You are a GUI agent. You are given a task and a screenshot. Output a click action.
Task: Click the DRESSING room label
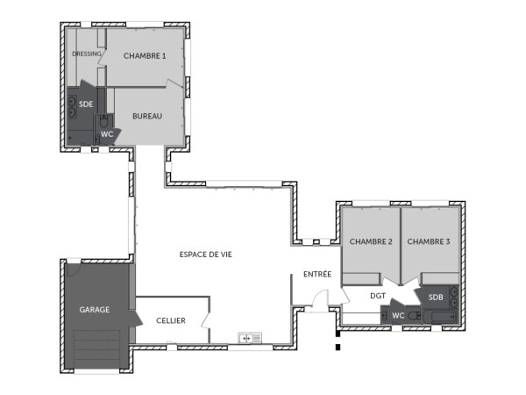pyautogui.click(x=86, y=54)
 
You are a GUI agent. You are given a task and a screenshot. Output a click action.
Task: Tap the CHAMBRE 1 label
pyautogui.click(x=145, y=55)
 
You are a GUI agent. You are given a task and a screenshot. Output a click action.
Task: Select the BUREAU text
pyautogui.click(x=146, y=116)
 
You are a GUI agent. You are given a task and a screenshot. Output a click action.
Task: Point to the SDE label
pyautogui.click(x=86, y=104)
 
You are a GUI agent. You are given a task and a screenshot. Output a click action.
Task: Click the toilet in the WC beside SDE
pyautogui.click(x=104, y=121)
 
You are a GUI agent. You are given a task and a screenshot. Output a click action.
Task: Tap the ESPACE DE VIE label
pyautogui.click(x=205, y=255)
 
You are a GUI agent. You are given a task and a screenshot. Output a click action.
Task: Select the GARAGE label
pyautogui.click(x=94, y=310)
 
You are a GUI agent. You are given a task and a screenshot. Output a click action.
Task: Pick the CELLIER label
pyautogui.click(x=171, y=321)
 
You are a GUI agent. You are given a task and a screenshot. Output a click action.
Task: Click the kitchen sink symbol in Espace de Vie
pyautogui.click(x=251, y=337)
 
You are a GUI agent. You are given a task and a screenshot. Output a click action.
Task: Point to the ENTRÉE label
pyautogui.click(x=317, y=275)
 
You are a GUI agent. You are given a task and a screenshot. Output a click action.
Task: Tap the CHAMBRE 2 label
pyautogui.click(x=370, y=241)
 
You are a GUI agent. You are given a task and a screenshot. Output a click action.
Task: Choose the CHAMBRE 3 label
pyautogui.click(x=429, y=241)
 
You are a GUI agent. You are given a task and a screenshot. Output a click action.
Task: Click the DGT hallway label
pyautogui.click(x=378, y=296)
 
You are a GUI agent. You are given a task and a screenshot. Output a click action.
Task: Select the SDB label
pyautogui.click(x=436, y=298)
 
